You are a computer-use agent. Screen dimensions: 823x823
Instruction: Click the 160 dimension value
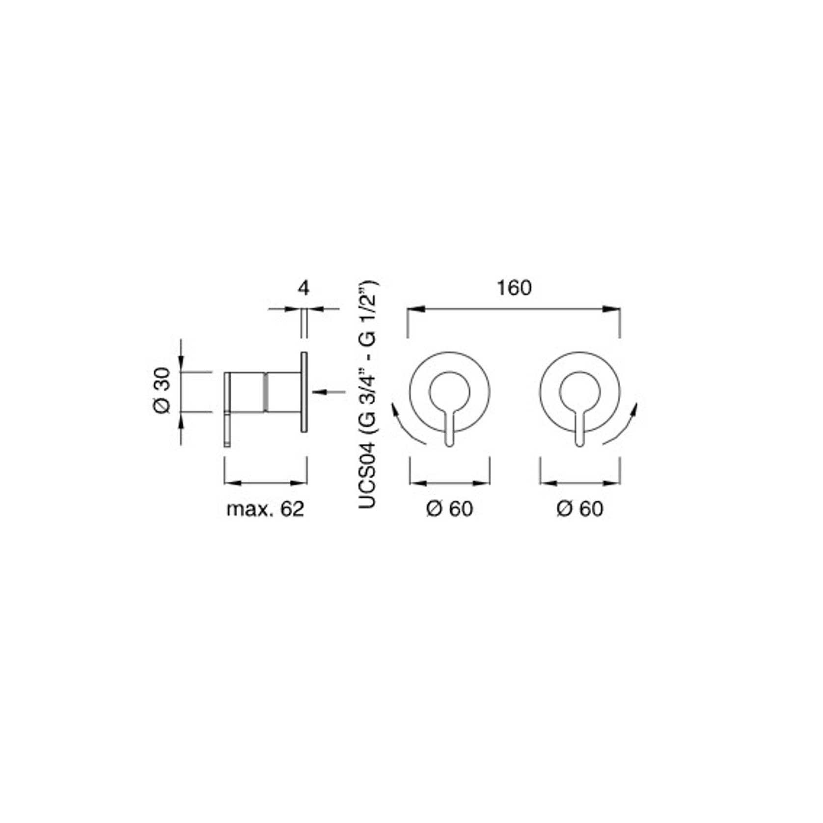pyautogui.click(x=514, y=288)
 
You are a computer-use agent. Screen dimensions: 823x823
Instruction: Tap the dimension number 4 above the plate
pyautogui.click(x=304, y=288)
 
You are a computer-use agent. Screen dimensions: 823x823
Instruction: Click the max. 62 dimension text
pyautogui.click(x=265, y=509)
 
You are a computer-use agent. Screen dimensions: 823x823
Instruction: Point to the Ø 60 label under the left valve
pyautogui.click(x=449, y=509)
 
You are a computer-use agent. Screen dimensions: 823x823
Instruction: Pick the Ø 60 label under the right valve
pyautogui.click(x=579, y=509)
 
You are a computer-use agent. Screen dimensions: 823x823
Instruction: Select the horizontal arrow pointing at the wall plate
pyautogui.click(x=329, y=391)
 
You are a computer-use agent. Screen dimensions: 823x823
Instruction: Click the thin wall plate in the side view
pyautogui.click(x=304, y=392)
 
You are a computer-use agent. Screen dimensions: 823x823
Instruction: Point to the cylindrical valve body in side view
pyautogui.click(x=265, y=391)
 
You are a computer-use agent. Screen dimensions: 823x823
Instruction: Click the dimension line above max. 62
pyautogui.click(x=265, y=483)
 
